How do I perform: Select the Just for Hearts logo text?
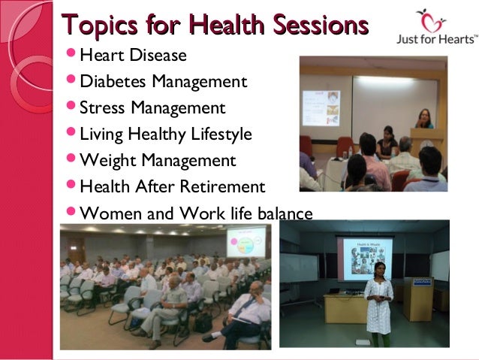435,38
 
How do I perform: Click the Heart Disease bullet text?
133,56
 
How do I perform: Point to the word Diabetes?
113,81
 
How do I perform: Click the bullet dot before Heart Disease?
71,56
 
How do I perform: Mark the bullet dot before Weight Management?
71,160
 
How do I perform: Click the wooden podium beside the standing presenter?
417,295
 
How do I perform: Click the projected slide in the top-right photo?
321,107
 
